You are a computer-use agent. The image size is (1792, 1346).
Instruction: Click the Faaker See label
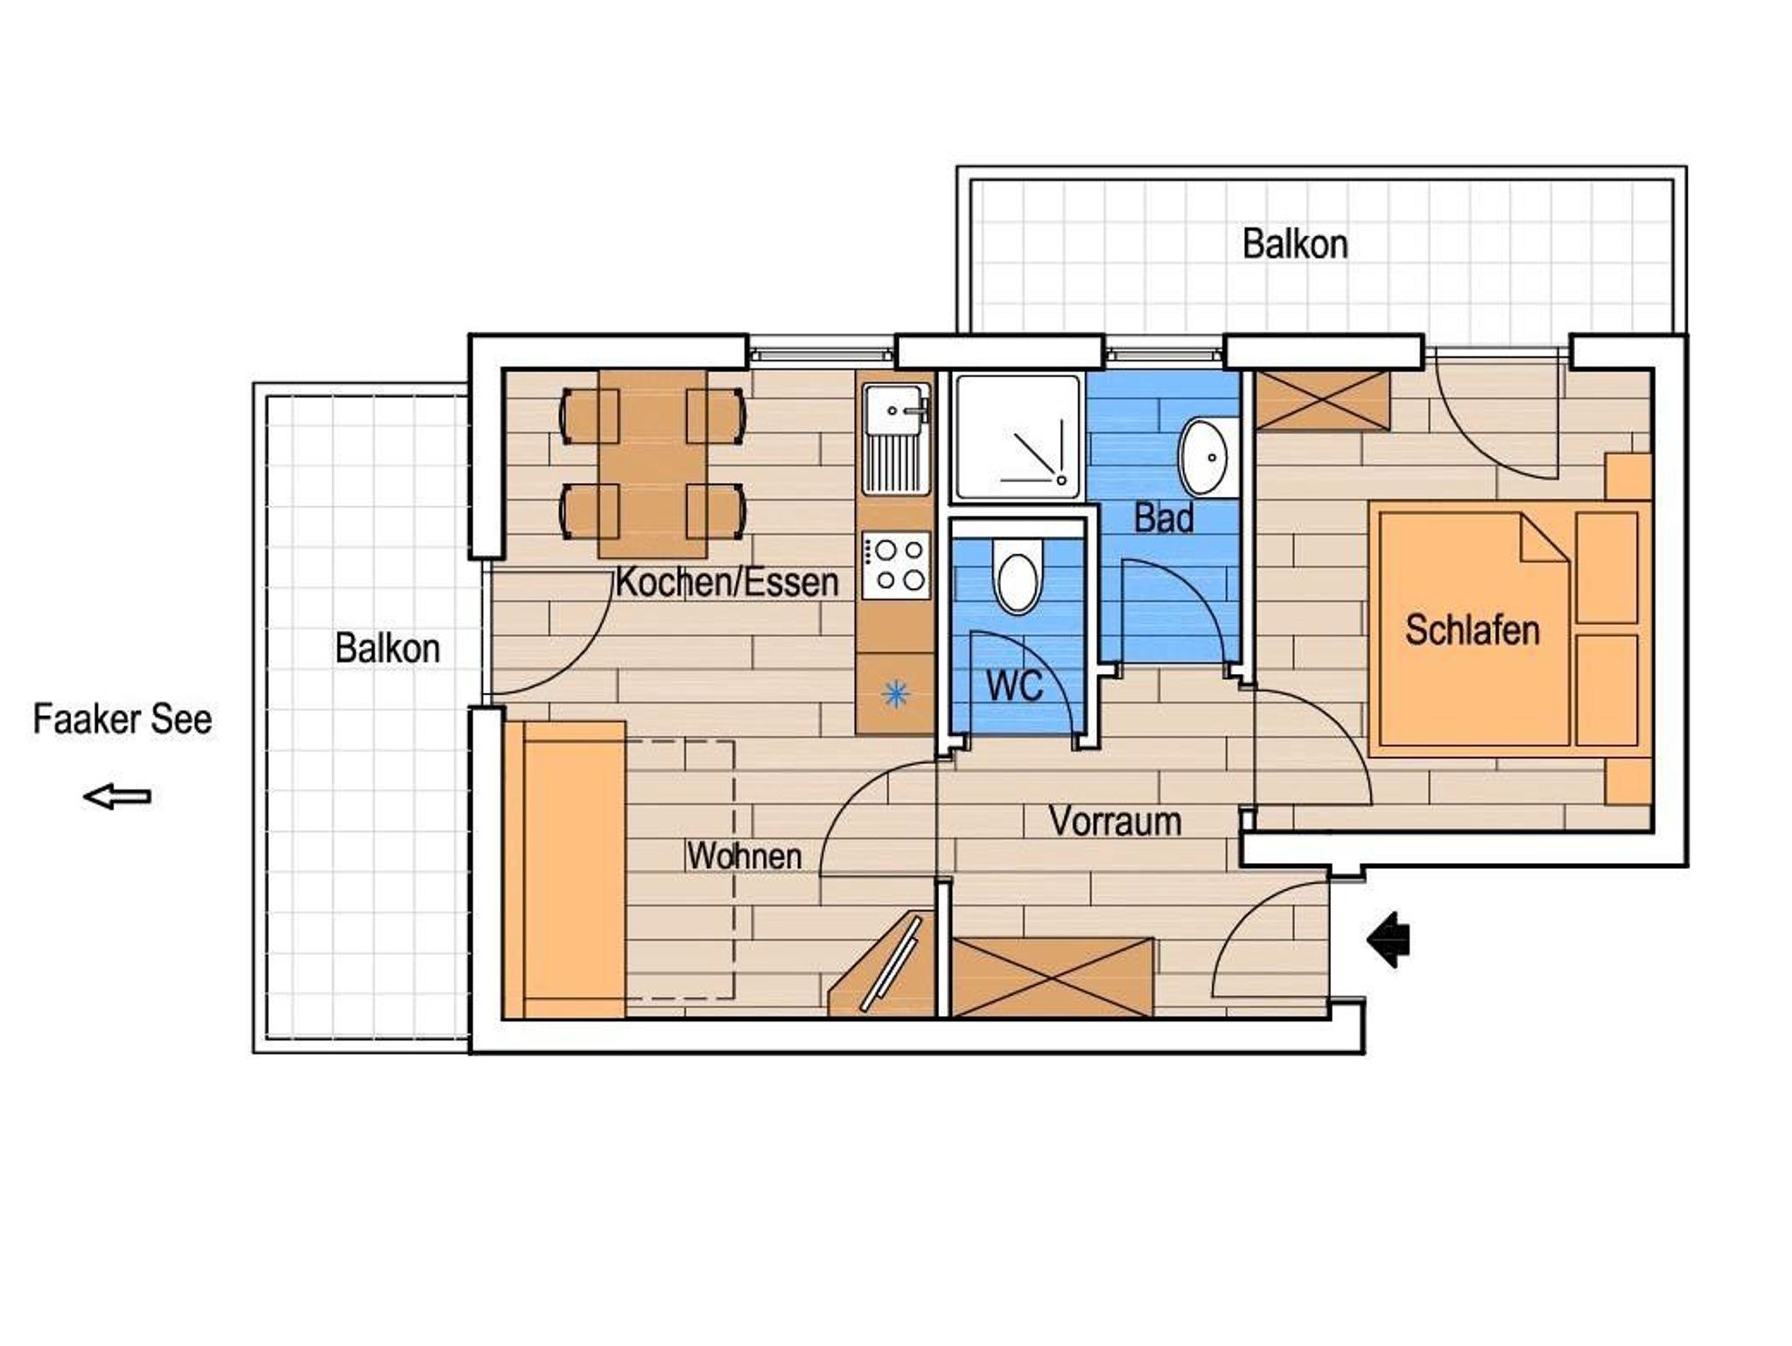coord(122,719)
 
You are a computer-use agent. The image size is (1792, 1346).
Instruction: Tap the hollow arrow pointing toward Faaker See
coord(117,796)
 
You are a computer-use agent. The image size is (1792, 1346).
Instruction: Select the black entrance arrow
coord(1389,940)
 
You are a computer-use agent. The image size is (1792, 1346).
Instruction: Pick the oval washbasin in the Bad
coord(1205,457)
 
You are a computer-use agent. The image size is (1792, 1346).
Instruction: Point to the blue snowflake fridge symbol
coord(895,695)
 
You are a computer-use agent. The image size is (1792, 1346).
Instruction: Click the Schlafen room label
coord(1473,630)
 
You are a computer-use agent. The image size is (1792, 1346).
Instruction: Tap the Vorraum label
coord(1116,821)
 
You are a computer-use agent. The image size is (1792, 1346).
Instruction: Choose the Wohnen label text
coord(745,856)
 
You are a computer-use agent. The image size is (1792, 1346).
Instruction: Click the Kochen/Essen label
coord(727,582)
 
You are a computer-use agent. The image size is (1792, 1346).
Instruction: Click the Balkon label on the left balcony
coord(388,648)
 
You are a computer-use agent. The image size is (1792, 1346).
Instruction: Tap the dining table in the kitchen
coord(653,463)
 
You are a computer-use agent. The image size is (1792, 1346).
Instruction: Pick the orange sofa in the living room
coord(565,870)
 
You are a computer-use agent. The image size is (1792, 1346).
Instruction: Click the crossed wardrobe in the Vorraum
coord(1053,978)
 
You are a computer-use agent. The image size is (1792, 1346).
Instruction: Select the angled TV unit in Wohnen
coord(882,964)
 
